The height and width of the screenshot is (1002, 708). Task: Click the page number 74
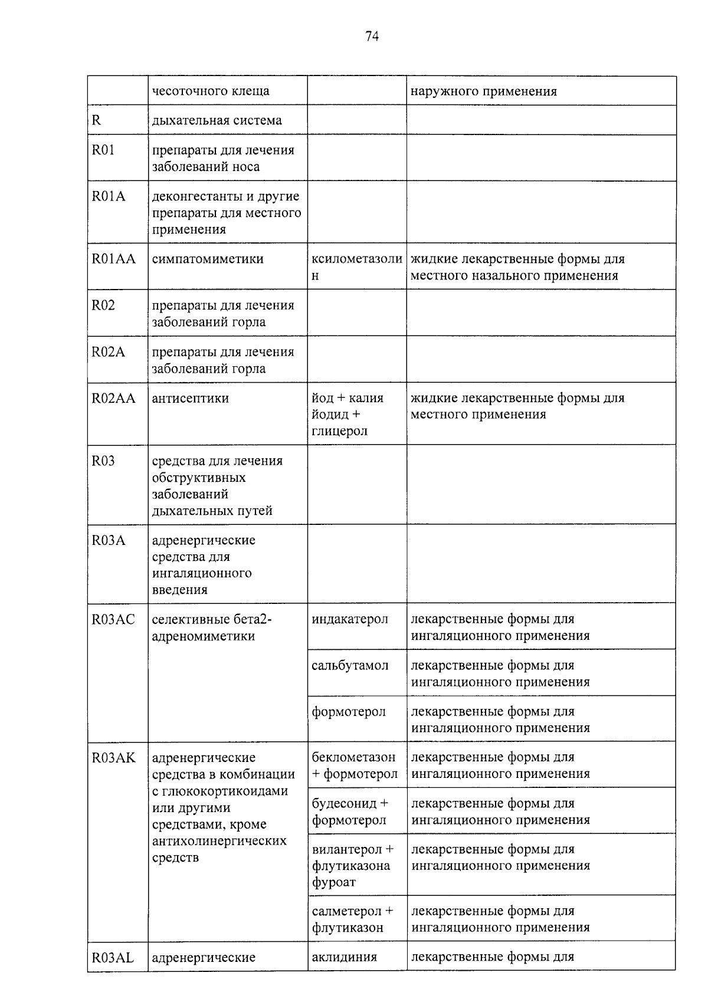tap(372, 37)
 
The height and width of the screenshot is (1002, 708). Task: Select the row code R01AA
tap(113, 259)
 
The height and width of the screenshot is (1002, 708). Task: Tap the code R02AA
tap(113, 399)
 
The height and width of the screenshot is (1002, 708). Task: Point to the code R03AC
tap(113, 619)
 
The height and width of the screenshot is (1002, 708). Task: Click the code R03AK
tap(113, 758)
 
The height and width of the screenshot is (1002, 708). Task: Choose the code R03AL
tap(113, 958)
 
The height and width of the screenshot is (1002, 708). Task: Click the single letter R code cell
tap(97, 120)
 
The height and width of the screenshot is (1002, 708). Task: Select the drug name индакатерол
tap(350, 619)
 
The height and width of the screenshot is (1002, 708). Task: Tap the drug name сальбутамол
tap(350, 666)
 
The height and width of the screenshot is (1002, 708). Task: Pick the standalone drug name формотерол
tap(349, 712)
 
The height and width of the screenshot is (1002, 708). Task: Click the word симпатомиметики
tap(208, 259)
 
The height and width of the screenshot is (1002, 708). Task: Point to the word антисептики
tap(190, 399)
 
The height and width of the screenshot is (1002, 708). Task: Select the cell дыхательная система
tap(217, 120)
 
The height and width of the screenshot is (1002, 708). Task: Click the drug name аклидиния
tap(344, 957)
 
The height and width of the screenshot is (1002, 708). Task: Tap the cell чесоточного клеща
tap(211, 91)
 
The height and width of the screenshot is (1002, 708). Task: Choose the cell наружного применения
tap(483, 91)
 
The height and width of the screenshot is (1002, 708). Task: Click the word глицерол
tap(339, 431)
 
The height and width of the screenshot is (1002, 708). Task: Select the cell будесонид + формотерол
tap(350, 812)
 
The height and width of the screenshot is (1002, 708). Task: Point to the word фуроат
tap(334, 883)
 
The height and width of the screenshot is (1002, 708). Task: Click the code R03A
tap(109, 540)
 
